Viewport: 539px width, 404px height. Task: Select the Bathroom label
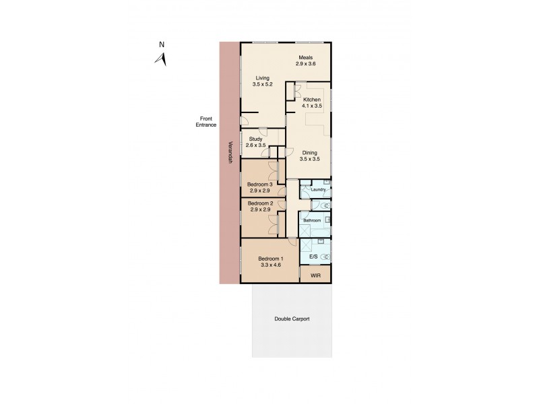(312, 220)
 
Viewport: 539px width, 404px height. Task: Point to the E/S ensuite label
(313, 257)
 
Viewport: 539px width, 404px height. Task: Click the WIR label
(315, 276)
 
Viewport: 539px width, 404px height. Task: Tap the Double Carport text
(292, 319)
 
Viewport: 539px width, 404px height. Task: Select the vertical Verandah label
(230, 152)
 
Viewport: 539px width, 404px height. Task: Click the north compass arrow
(161, 59)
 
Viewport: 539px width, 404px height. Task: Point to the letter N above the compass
(162, 45)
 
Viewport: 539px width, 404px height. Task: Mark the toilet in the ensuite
(326, 257)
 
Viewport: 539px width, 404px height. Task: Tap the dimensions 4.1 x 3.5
(312, 107)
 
